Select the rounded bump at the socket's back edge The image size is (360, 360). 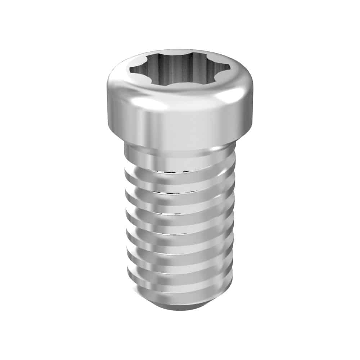pos(179,54)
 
